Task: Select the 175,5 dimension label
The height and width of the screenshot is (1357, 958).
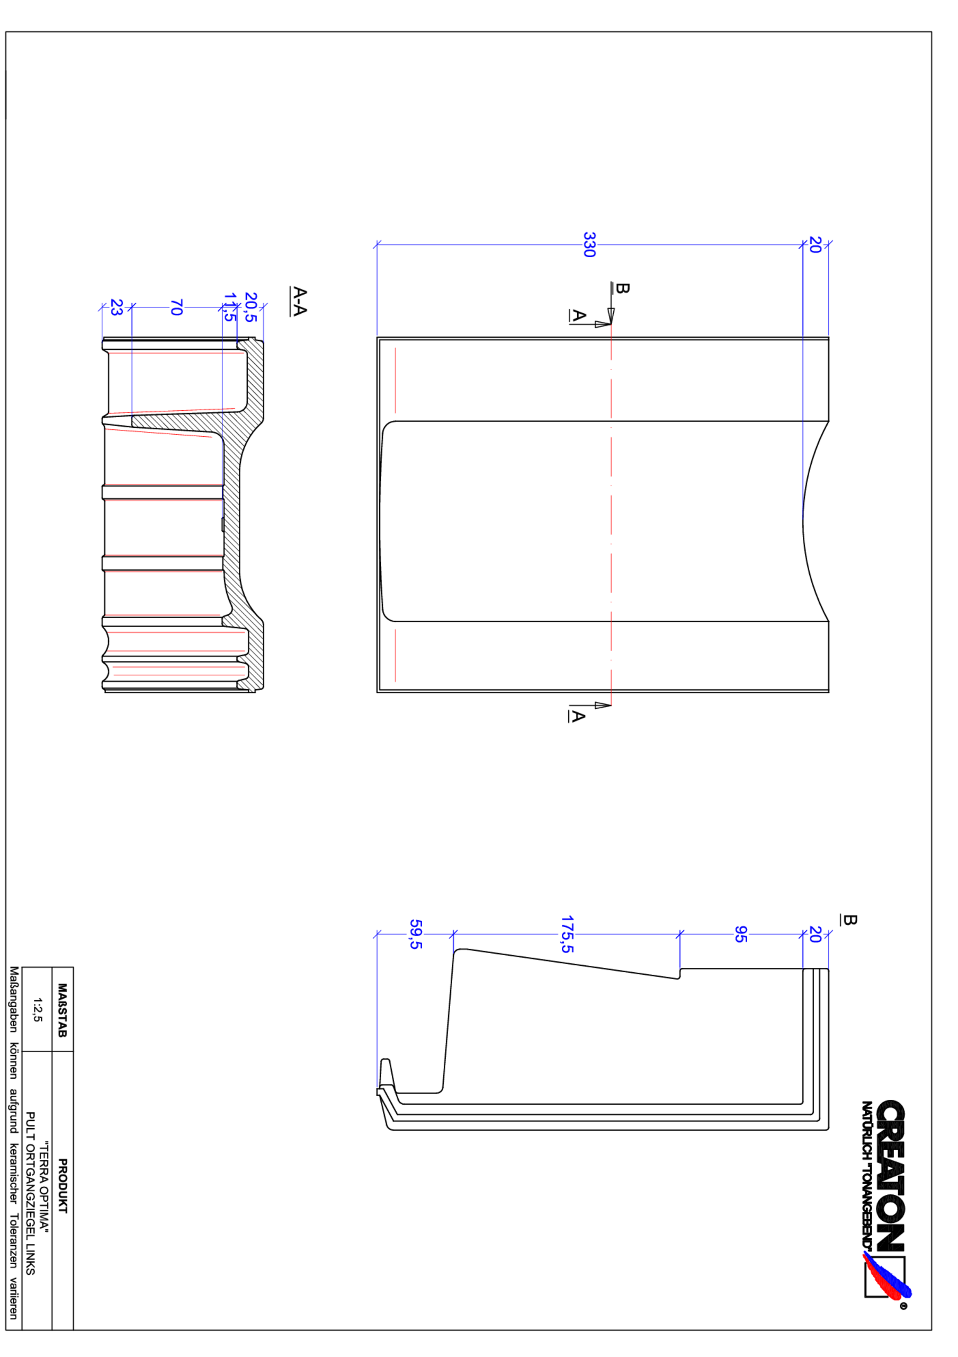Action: [567, 935]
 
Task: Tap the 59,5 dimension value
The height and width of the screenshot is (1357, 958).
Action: [416, 935]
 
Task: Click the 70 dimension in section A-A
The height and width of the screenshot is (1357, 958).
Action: [176, 307]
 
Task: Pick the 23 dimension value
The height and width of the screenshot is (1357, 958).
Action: [117, 307]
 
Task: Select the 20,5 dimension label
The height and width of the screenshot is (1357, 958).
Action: [250, 307]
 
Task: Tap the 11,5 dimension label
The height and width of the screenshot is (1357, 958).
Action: [229, 307]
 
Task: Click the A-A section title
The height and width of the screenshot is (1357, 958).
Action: [299, 302]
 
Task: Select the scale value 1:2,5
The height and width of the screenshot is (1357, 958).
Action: [37, 1009]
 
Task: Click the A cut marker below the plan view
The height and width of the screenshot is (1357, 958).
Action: [578, 716]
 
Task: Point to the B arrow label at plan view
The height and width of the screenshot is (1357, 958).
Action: [621, 288]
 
